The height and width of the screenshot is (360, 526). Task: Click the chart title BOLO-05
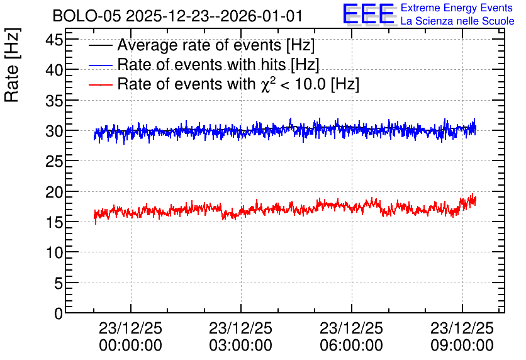[87, 16]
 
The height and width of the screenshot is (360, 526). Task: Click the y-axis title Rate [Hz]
[12, 65]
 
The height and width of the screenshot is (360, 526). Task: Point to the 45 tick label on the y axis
[54, 40]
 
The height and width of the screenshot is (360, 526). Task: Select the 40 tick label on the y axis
[54, 70]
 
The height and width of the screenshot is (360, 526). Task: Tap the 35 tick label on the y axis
[54, 101]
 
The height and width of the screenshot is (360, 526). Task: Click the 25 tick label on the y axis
[54, 162]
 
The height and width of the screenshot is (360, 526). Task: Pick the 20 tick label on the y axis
[54, 192]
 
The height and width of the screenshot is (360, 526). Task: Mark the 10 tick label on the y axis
[54, 252]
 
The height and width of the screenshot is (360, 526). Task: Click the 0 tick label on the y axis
[59, 313]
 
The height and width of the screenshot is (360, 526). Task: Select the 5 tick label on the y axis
[59, 283]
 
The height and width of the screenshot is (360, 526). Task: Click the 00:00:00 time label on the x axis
[130, 346]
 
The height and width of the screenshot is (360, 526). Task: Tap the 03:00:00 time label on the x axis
[240, 346]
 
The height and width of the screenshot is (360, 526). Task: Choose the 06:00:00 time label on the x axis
[351, 346]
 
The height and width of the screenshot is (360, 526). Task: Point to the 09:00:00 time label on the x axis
[462, 346]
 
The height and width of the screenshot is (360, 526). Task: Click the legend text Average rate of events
[199, 45]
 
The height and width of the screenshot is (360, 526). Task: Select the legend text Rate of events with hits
[201, 64]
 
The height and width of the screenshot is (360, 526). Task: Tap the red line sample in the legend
[100, 84]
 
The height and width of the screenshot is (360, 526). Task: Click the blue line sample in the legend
[100, 65]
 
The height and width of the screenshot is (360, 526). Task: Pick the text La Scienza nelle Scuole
[457, 21]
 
